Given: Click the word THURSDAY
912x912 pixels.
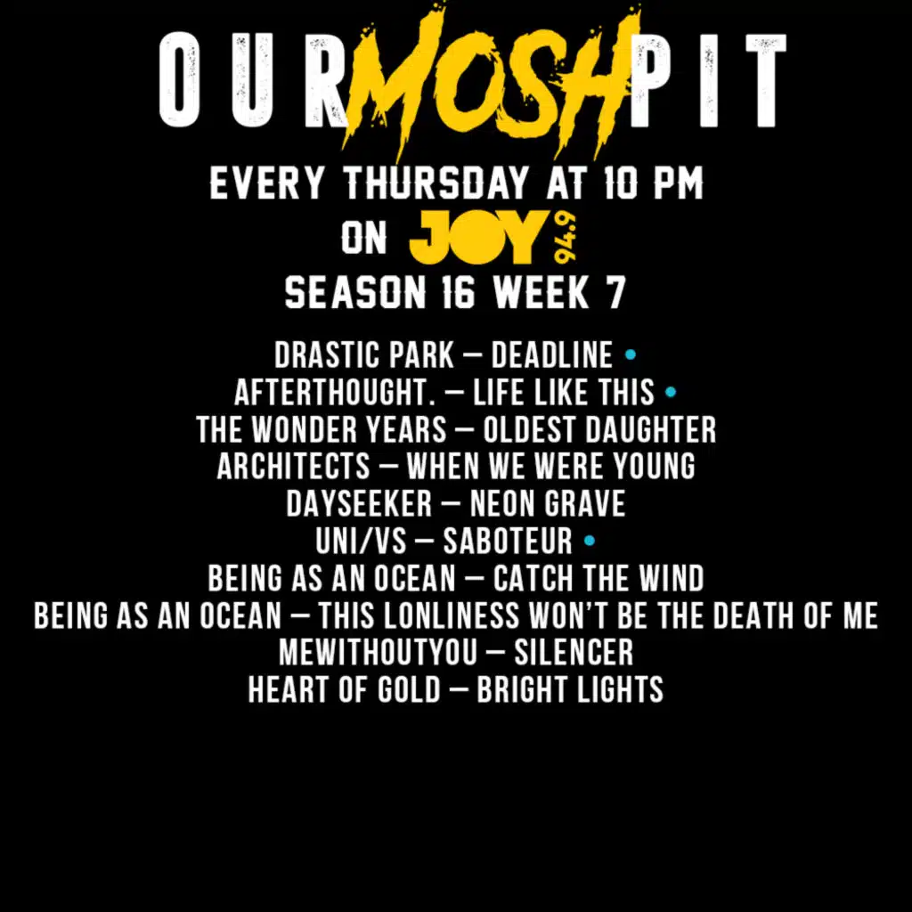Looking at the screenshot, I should pyautogui.click(x=436, y=184).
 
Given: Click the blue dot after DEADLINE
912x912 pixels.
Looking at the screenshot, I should pyautogui.click(x=631, y=355).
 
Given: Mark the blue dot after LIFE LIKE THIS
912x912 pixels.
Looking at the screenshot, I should pyautogui.click(x=671, y=391).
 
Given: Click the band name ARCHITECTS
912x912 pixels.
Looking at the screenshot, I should pyautogui.click(x=293, y=466).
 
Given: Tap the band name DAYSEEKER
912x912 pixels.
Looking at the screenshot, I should pyautogui.click(x=358, y=503).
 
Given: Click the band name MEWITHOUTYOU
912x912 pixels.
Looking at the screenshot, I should pyautogui.click(x=378, y=652).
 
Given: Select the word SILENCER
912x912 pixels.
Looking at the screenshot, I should pyautogui.click(x=574, y=652).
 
